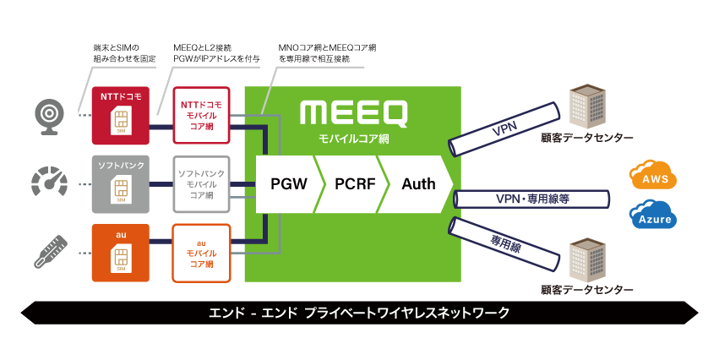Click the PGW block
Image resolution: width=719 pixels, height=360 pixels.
click(x=288, y=183)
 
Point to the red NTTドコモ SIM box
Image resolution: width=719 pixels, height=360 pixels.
click(x=120, y=115)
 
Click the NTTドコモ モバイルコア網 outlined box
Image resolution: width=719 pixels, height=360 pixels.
click(x=201, y=115)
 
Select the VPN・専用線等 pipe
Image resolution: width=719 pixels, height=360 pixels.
click(x=532, y=199)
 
